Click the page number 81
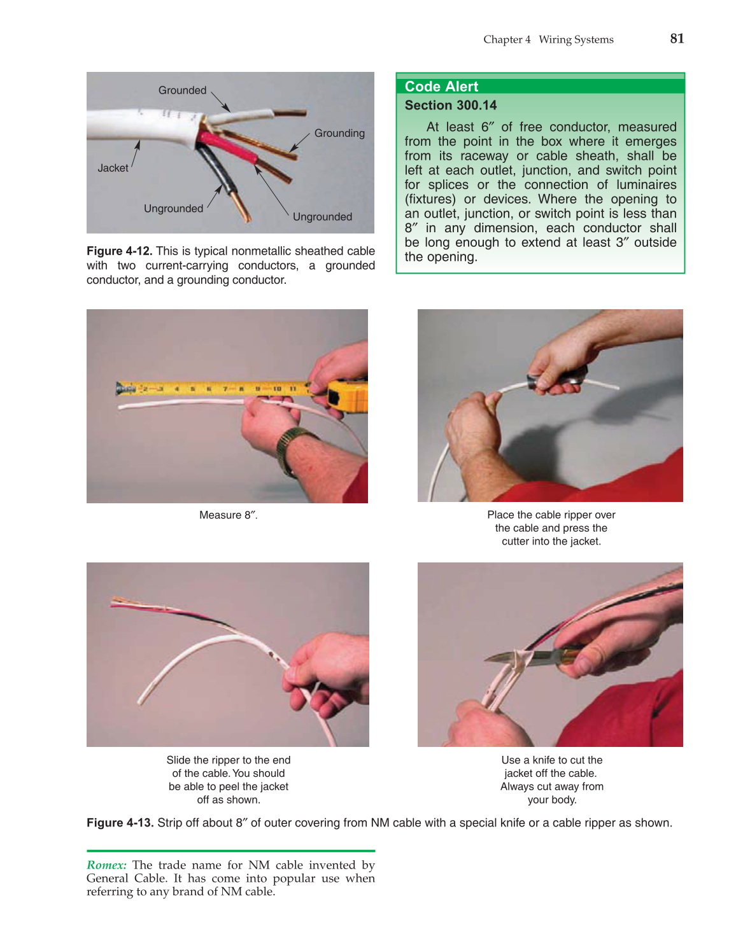point(677,39)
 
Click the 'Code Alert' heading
point(441,87)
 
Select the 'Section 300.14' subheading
point(450,106)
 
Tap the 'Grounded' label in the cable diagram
point(182,90)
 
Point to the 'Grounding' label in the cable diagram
point(339,133)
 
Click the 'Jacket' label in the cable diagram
point(113,168)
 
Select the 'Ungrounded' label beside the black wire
point(173,209)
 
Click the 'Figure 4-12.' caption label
point(119,251)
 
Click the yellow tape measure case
point(348,395)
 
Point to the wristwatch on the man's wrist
point(294,443)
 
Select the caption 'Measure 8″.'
point(228,515)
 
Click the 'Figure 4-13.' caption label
point(120,823)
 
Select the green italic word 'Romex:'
point(106,865)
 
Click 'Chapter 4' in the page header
point(506,39)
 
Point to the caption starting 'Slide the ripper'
point(228,779)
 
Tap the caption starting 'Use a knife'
point(551,779)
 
